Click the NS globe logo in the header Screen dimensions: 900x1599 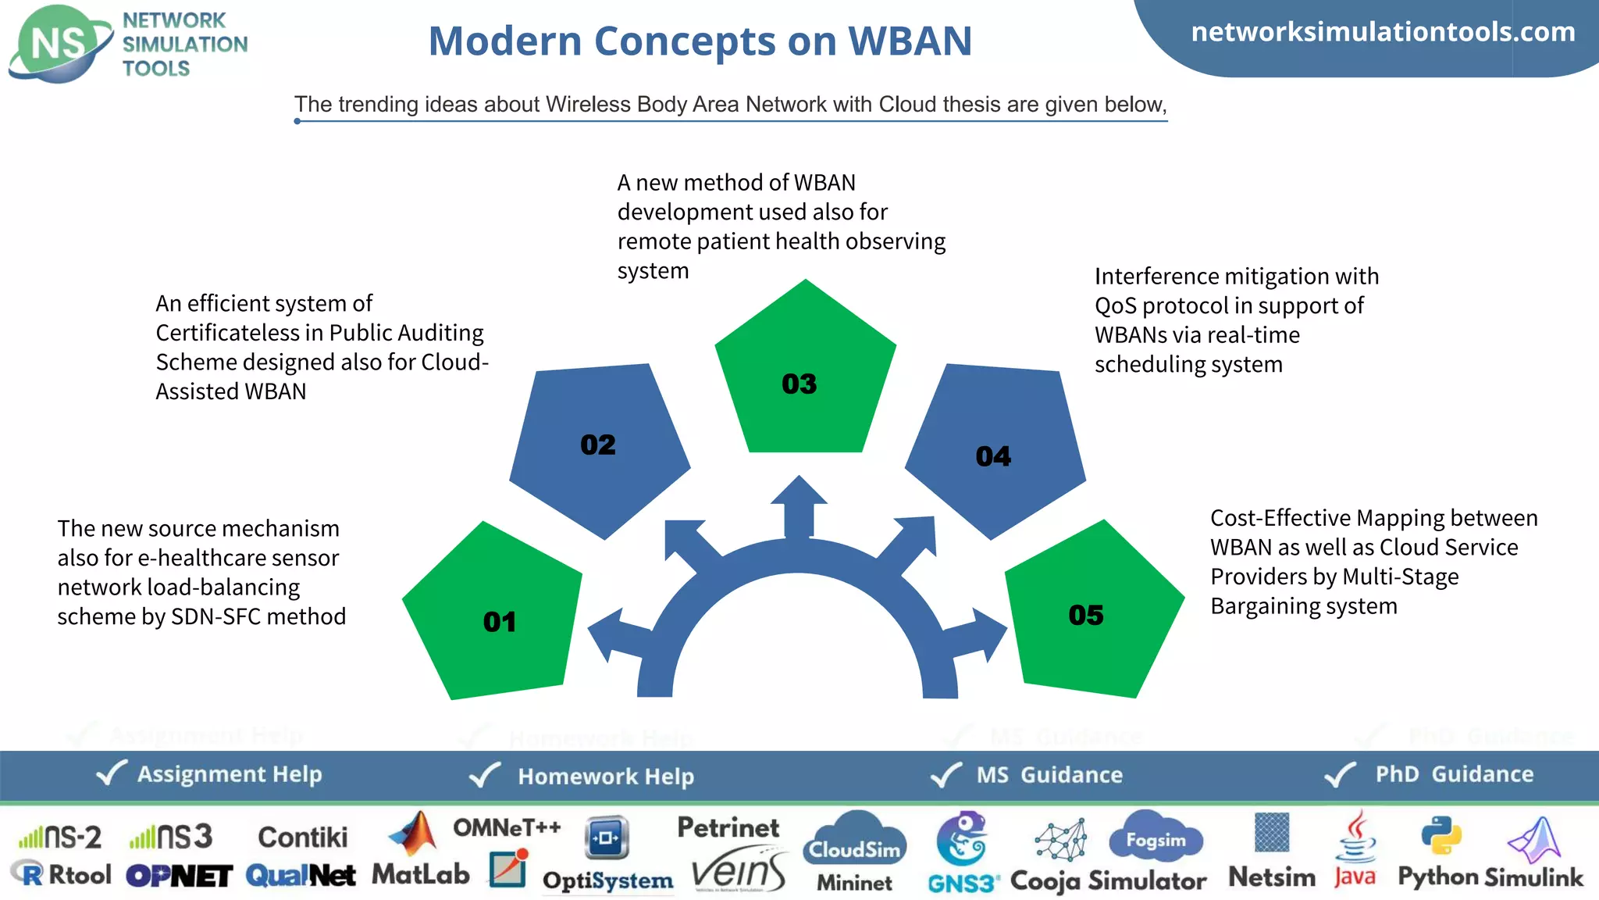[x=59, y=44]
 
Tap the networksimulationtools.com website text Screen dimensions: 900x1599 [x=1383, y=32]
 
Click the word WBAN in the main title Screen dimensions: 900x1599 [x=910, y=41]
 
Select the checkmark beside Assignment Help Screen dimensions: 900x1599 [x=111, y=773]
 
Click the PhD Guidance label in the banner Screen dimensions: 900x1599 [x=1454, y=774]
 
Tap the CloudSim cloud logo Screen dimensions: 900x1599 [x=855, y=840]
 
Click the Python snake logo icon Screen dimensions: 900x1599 [x=1441, y=836]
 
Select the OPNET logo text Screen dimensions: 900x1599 [x=179, y=876]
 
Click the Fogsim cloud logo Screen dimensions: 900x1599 [x=1156, y=837]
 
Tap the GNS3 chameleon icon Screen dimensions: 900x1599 [x=962, y=838]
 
